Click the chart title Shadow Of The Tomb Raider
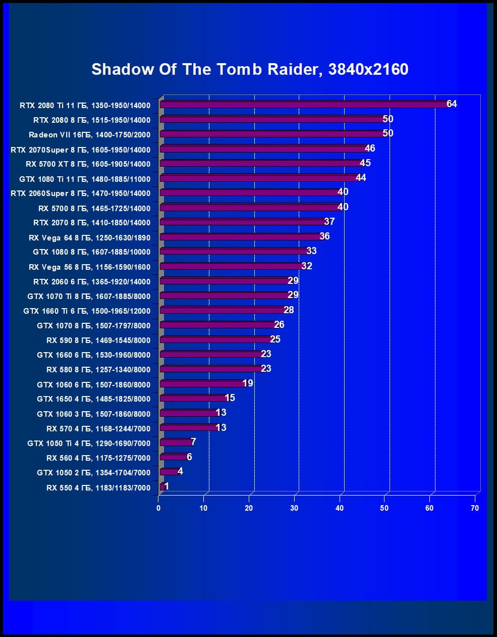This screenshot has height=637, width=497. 250,69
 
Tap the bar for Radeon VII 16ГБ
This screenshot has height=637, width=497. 272,134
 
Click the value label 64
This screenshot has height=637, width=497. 452,104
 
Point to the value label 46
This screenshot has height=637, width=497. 370,149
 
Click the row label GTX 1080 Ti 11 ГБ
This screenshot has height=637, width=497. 85,179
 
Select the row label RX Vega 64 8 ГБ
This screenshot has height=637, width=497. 89,237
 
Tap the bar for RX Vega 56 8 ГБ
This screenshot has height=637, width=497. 232,266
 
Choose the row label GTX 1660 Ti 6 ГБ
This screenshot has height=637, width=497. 87,311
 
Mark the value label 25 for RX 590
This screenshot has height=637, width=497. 275,339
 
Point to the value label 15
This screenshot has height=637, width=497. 230,398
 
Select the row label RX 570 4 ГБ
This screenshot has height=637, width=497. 98,429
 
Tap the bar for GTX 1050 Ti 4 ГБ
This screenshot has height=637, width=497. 176,443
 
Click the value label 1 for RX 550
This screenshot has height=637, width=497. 167,486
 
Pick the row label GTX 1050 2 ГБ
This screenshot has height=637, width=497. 93,473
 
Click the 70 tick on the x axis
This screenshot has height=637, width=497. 474,508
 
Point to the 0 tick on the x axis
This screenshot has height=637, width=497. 158,508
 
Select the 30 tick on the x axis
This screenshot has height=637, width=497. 294,508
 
